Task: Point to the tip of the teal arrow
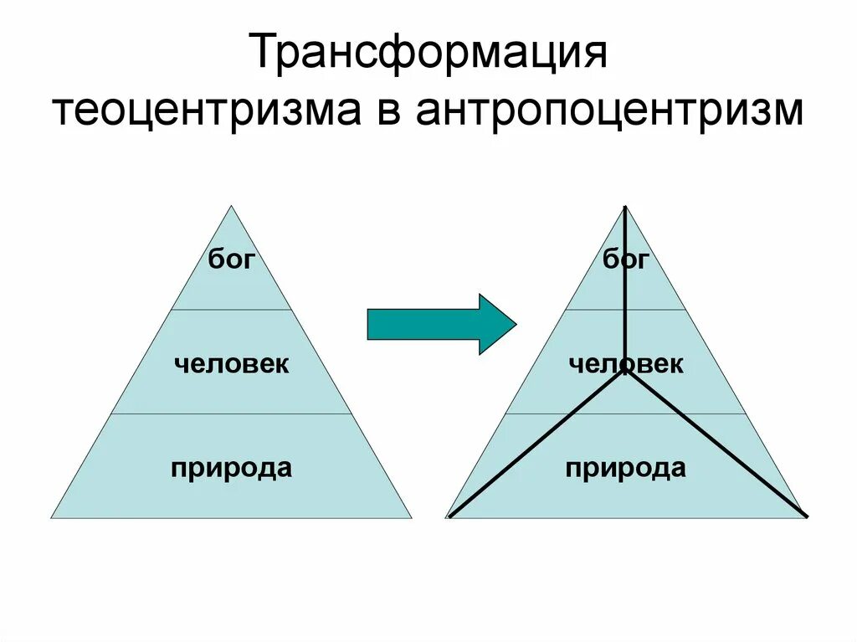(x=516, y=324)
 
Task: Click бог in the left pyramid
(x=231, y=259)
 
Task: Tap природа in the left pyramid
(x=232, y=467)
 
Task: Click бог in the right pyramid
(x=626, y=259)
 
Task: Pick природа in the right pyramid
(x=626, y=467)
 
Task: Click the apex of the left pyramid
(x=232, y=206)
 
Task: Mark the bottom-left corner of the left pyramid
(x=51, y=518)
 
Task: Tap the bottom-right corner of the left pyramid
(x=412, y=518)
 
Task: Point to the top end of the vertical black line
(x=625, y=207)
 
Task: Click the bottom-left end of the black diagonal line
(x=450, y=516)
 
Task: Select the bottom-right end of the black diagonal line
(x=805, y=516)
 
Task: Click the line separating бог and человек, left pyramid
(x=232, y=310)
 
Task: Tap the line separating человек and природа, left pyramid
(x=232, y=413)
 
